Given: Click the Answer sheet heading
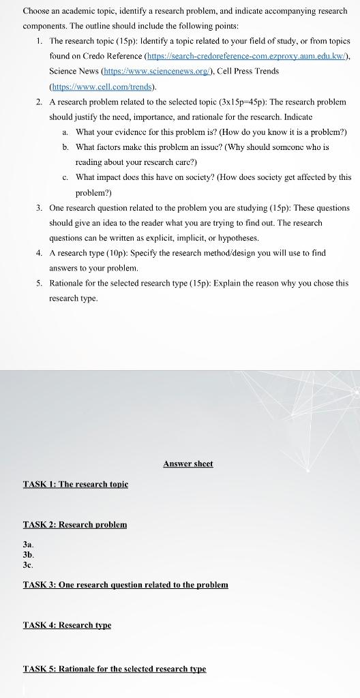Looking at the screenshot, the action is [188, 464].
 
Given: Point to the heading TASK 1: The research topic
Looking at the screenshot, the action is [76, 484].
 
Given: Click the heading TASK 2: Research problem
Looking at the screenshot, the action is [75, 524].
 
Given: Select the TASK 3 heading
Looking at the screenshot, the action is [125, 585].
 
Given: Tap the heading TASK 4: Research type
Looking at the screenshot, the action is [67, 624].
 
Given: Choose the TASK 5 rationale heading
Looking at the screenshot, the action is [115, 669].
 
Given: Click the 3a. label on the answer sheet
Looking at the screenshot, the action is [28, 545].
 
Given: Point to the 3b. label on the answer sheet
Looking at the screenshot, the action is [29, 555].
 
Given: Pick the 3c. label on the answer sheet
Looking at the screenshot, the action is [28, 565].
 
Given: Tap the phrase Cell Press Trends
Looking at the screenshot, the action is [248, 71].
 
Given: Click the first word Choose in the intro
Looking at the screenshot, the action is [38, 11].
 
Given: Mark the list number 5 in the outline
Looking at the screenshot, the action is [39, 283].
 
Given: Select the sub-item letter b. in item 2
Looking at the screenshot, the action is [65, 147].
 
